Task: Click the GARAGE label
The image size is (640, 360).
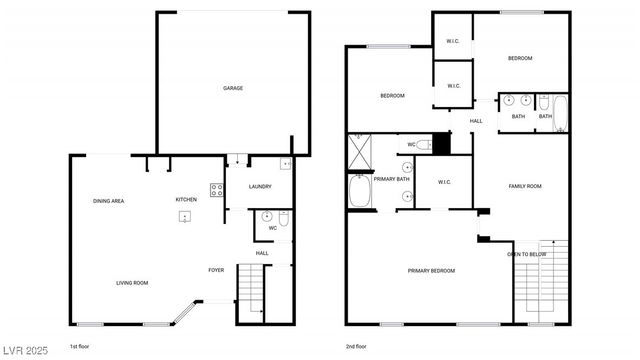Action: tap(232, 88)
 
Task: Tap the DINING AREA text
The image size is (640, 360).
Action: tap(108, 201)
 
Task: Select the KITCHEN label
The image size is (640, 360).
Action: tap(186, 199)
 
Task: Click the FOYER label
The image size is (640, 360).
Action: tap(216, 270)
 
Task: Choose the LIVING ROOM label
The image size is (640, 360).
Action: tap(130, 284)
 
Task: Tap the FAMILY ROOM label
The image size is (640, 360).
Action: tap(525, 186)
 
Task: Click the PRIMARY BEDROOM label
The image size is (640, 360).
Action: tap(431, 270)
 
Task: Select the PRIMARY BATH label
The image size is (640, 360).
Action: tap(388, 179)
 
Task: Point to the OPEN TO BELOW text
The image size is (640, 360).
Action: tap(526, 254)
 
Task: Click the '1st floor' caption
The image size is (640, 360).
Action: tap(80, 346)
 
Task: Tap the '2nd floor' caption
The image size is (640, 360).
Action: tap(357, 346)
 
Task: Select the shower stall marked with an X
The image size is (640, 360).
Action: tap(359, 153)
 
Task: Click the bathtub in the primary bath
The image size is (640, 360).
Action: tap(359, 190)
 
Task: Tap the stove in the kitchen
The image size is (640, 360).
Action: tap(216, 189)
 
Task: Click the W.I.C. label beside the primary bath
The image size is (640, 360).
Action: tap(445, 182)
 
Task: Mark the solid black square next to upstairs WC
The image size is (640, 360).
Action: tap(441, 143)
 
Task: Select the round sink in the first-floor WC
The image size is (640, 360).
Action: tap(267, 215)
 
